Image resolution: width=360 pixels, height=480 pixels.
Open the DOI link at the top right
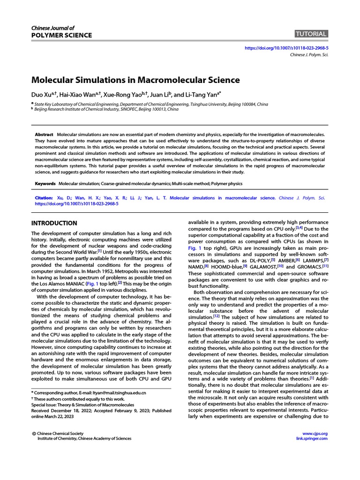287,48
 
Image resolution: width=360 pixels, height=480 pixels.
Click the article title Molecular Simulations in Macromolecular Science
135,80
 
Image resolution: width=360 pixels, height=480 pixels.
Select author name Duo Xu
40,94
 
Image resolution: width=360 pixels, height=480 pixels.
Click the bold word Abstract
45,135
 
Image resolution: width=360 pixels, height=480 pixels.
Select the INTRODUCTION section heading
54,223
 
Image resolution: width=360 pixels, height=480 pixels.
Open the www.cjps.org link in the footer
315,434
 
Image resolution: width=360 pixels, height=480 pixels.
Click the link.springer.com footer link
312,439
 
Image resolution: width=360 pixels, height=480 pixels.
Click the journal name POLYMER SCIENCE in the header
61,36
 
